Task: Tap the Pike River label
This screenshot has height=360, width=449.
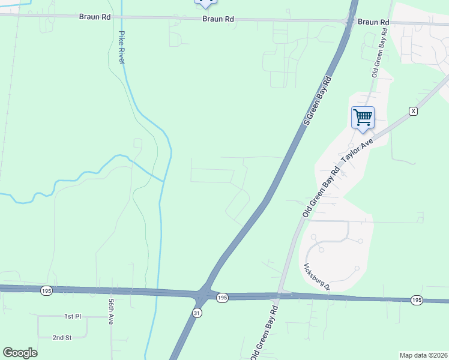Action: click(122, 47)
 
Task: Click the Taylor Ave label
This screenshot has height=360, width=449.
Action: click(358, 149)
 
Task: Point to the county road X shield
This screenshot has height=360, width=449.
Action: click(413, 111)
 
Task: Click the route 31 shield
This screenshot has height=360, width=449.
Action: click(197, 313)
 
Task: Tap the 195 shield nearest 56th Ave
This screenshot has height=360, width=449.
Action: click(46, 290)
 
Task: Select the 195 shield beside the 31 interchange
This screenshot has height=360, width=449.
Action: click(222, 298)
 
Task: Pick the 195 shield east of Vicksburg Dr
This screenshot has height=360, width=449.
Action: click(417, 299)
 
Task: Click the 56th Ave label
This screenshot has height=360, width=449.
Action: click(112, 313)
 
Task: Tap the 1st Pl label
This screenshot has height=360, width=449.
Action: click(72, 316)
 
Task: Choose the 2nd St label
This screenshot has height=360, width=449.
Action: click(62, 338)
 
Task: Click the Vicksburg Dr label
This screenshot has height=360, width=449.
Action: click(318, 277)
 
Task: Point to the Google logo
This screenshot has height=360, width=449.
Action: click(20, 353)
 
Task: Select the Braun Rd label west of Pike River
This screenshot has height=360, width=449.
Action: click(95, 17)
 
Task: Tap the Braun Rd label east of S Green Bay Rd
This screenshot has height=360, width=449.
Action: click(373, 22)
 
